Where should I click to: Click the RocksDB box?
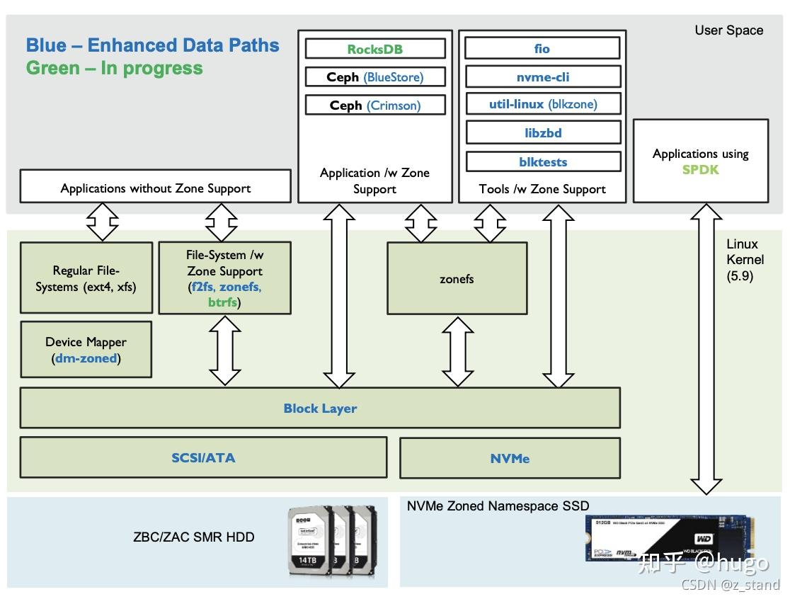coord(375,49)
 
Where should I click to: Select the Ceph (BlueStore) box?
coord(375,77)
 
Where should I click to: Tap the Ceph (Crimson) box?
coord(375,105)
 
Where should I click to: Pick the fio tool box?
coord(542,48)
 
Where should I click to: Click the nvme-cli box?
coord(542,76)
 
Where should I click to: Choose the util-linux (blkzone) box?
coord(542,104)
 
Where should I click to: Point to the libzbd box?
coord(542,132)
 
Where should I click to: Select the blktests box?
coord(542,161)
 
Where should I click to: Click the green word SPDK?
coord(700,170)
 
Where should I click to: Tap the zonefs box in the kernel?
coord(457,278)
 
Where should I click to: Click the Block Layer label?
coord(320,408)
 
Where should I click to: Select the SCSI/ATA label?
coord(203,457)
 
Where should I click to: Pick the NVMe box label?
coord(510,458)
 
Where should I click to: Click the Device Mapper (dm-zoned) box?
coord(86,350)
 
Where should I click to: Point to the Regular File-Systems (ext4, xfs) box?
coord(86,278)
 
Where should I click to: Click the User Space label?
coord(728,30)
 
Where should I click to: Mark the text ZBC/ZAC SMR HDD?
coord(193,537)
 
